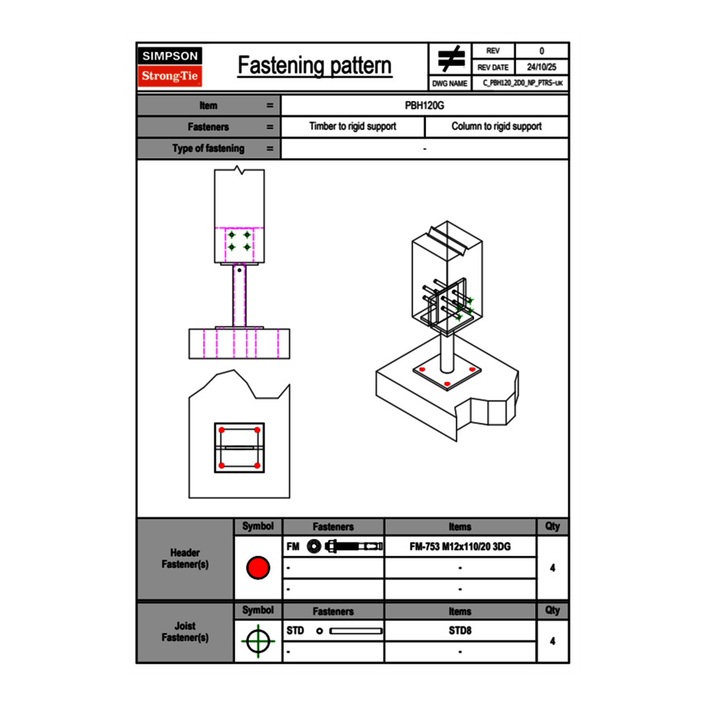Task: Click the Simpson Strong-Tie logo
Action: pyautogui.click(x=170, y=67)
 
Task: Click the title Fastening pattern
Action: pyautogui.click(x=314, y=66)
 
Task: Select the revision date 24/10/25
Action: pyautogui.click(x=542, y=67)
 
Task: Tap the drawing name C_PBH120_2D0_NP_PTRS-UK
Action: pyautogui.click(x=522, y=83)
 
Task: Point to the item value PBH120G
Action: pyautogui.click(x=424, y=105)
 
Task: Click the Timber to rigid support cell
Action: pyautogui.click(x=352, y=127)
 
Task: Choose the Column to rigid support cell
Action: pyautogui.click(x=496, y=127)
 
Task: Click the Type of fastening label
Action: pyautogui.click(x=209, y=148)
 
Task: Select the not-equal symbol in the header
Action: pyautogui.click(x=450, y=59)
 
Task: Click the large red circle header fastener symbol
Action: pyautogui.click(x=258, y=568)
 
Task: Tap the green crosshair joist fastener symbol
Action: pyautogui.click(x=257, y=641)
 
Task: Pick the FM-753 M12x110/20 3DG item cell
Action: pyautogui.click(x=460, y=546)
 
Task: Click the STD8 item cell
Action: pyautogui.click(x=460, y=631)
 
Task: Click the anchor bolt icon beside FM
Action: pyautogui.click(x=345, y=546)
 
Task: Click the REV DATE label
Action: pyautogui.click(x=493, y=67)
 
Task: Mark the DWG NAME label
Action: pyautogui.click(x=449, y=83)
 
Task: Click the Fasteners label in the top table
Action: pyautogui.click(x=209, y=127)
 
